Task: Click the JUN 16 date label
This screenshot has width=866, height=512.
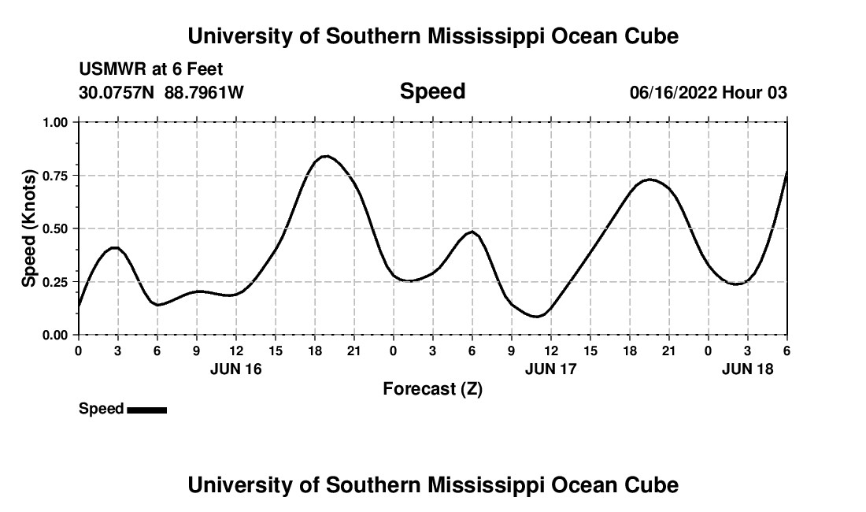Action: (235, 369)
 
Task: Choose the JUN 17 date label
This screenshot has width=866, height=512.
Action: (550, 369)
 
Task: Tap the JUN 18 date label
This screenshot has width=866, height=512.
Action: (747, 369)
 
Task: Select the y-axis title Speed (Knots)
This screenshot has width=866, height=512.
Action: (29, 228)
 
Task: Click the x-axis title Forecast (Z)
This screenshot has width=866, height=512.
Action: (432, 388)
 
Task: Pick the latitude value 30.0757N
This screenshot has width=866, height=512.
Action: (117, 93)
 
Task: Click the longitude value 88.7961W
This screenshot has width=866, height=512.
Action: (204, 93)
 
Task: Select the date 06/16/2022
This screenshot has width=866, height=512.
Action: (673, 93)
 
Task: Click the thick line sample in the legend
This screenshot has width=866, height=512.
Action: (146, 410)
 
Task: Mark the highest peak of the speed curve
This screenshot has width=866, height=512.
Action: (327, 156)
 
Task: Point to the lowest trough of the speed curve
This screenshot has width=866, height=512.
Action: (536, 317)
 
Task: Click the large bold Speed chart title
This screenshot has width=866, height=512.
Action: (432, 91)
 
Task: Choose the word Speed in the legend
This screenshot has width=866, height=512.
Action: (101, 409)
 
